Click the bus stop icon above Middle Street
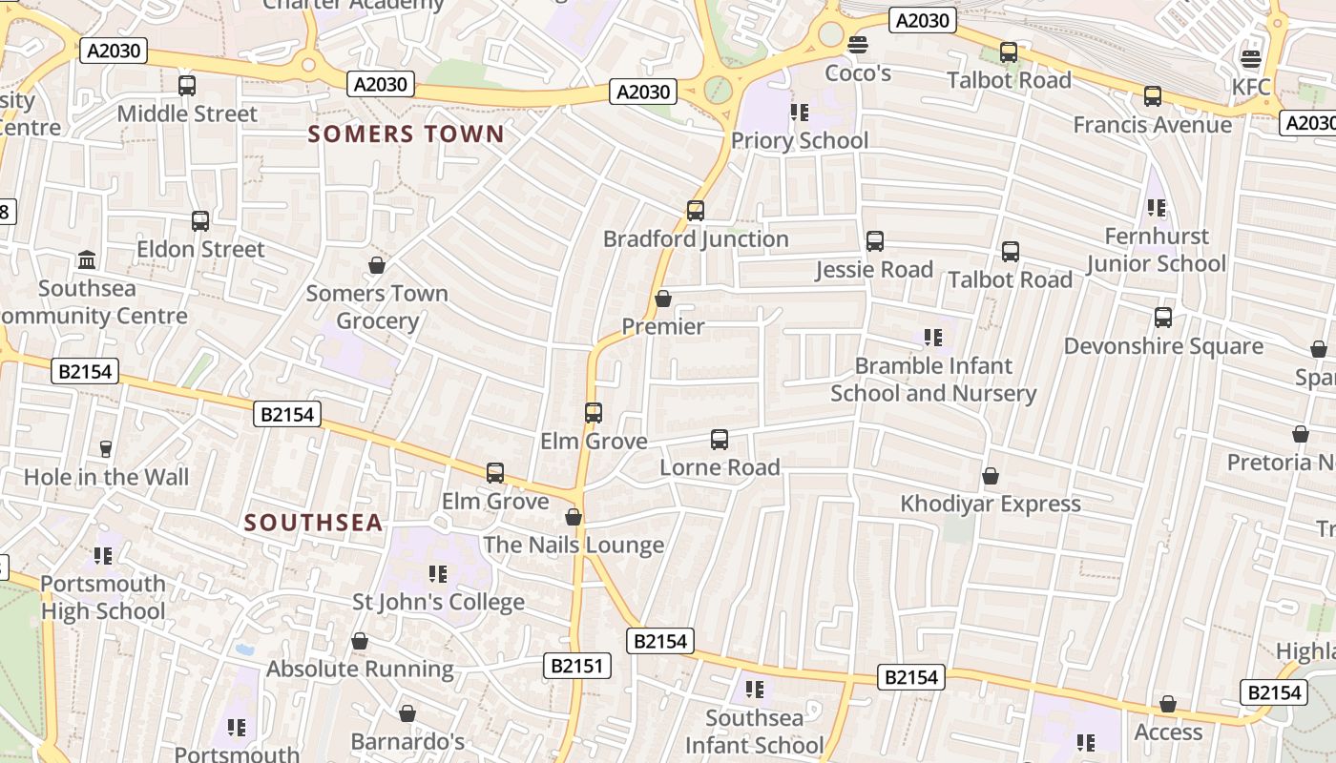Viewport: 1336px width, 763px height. pyautogui.click(x=187, y=86)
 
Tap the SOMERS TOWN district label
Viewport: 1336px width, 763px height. pyautogui.click(x=406, y=134)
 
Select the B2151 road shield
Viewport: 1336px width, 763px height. pyautogui.click(x=578, y=665)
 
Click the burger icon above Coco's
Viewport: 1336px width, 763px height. pyautogui.click(x=858, y=44)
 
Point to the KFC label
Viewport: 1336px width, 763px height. pyautogui.click(x=1251, y=88)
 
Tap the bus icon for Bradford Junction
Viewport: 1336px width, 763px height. pyautogui.click(x=696, y=211)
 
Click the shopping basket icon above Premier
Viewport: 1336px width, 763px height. pyautogui.click(x=663, y=299)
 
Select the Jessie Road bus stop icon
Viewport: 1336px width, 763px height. pyautogui.click(x=874, y=242)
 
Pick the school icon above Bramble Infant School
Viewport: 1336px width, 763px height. pyautogui.click(x=932, y=338)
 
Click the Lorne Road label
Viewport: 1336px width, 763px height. pyautogui.click(x=720, y=467)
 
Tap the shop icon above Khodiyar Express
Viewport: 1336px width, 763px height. pyautogui.click(x=991, y=476)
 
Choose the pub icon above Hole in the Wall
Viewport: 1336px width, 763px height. pyautogui.click(x=106, y=449)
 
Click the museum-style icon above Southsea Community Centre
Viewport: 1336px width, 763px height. pyautogui.click(x=87, y=259)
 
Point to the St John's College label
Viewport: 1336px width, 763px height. pyautogui.click(x=438, y=602)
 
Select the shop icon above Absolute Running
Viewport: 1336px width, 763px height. pyautogui.click(x=360, y=642)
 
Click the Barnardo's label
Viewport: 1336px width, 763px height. pyautogui.click(x=407, y=741)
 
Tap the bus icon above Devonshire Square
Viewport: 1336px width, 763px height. pyautogui.click(x=1163, y=318)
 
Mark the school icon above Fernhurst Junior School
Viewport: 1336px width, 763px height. pyautogui.click(x=1156, y=208)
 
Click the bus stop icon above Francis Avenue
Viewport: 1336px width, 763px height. pyautogui.click(x=1153, y=96)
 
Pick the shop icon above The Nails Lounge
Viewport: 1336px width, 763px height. pyautogui.click(x=574, y=517)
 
